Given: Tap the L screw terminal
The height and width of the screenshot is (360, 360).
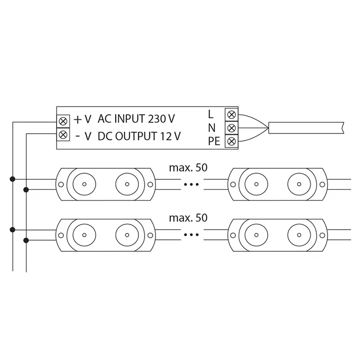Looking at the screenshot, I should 231,114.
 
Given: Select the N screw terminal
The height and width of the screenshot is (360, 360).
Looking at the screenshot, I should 231,127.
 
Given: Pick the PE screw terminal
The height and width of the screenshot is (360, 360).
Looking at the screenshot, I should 231,141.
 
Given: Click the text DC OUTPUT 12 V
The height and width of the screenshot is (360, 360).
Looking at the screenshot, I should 139,136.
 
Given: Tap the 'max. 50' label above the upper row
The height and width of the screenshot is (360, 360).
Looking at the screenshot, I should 188,167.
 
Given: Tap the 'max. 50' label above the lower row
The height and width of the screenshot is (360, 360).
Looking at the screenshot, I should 188,218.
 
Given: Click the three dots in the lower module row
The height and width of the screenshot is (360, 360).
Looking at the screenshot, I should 191,234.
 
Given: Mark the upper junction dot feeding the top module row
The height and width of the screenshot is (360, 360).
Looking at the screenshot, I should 12,179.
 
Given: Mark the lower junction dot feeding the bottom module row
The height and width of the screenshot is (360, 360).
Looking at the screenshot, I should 26,240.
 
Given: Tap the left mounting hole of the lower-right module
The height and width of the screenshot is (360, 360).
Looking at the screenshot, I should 233,234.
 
